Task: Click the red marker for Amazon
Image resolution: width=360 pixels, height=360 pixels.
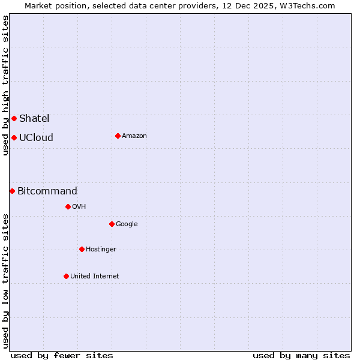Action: [118, 136]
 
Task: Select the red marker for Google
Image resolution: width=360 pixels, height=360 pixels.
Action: [112, 224]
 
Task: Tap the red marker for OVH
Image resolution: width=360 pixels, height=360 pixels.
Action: [68, 206]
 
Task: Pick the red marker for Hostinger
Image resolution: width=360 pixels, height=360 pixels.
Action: [82, 249]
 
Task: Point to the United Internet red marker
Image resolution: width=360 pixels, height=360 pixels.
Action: [66, 276]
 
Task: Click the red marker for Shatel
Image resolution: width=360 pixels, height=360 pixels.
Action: [14, 118]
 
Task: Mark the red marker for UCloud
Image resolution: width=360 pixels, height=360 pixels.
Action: [14, 137]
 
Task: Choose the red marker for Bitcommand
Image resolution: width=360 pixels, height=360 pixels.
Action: [12, 191]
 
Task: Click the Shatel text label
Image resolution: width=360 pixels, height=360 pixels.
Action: [34, 118]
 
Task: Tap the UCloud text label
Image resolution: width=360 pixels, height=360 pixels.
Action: [36, 137]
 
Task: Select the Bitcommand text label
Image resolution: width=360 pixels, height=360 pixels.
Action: [47, 191]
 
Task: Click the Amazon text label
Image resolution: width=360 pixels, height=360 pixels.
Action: [134, 136]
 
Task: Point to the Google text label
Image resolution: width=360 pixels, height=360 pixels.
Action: [127, 224]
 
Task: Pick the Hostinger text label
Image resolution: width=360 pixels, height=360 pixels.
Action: [101, 250]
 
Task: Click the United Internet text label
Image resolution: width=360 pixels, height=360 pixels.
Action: [95, 277]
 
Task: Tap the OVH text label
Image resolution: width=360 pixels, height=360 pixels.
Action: [79, 207]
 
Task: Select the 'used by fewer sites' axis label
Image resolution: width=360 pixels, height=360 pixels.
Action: [62, 355]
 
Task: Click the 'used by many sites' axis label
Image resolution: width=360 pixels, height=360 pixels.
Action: [301, 355]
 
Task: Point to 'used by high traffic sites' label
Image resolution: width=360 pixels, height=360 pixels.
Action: [5, 85]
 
